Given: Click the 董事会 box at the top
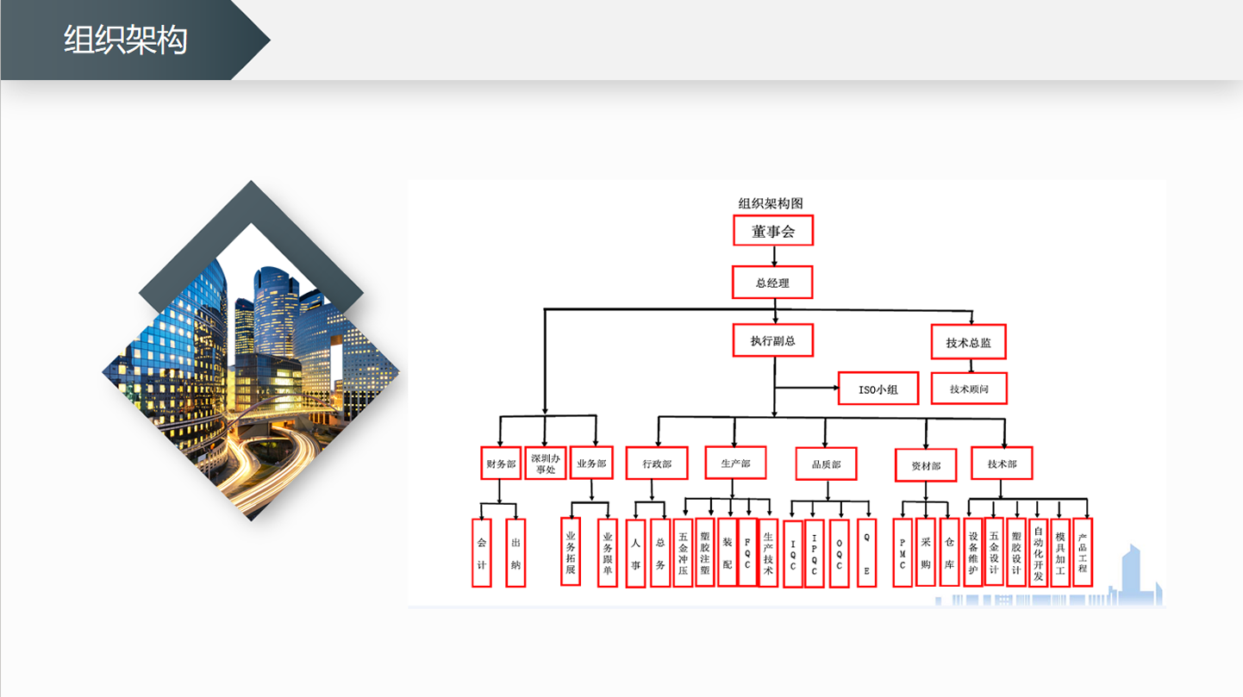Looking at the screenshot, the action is (773, 231).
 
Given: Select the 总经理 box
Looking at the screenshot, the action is (772, 283).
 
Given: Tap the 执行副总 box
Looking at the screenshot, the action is (773, 340).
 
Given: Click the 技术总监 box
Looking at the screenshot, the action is (968, 342).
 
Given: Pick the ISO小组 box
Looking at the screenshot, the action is (878, 389).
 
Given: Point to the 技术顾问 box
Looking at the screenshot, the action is (969, 389).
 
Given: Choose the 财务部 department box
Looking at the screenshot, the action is (501, 463).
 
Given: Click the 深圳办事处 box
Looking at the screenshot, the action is (546, 463).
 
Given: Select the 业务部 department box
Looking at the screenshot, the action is (591, 463).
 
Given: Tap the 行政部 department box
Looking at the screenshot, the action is (657, 463).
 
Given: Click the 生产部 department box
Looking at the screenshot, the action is (736, 463).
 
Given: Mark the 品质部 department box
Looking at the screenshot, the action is (827, 464).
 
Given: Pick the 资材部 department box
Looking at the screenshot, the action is (926, 465).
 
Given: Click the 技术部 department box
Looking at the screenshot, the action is (1003, 463).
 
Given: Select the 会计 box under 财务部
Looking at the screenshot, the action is (482, 553).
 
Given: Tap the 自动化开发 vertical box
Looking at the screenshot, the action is (1038, 553).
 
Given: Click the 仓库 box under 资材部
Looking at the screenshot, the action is (949, 552).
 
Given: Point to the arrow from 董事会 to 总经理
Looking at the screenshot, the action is (774, 256).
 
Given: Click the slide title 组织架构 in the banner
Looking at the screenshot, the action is (125, 40).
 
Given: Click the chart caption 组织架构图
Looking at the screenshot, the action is (771, 203).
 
